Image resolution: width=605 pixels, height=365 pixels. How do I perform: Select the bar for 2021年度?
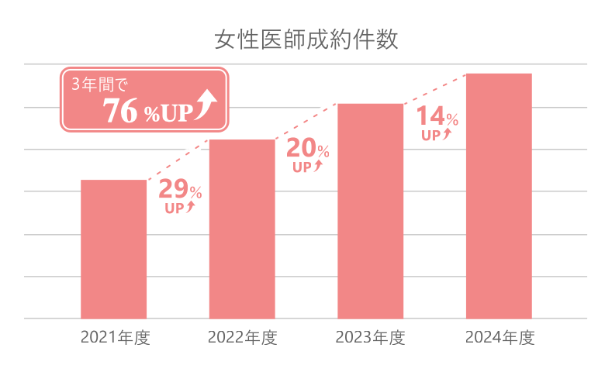point(113,250)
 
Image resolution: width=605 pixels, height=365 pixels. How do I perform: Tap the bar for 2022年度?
point(242,229)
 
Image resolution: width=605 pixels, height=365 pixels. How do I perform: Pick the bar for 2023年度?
point(371,211)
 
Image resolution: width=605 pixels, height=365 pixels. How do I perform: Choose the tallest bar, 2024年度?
point(499,196)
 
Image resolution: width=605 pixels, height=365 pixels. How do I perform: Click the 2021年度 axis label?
point(114,338)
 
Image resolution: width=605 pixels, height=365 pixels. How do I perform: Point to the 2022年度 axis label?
point(242,338)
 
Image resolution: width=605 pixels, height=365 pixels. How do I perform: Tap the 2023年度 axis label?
point(370,338)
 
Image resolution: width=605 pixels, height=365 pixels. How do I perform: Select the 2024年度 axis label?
point(500,338)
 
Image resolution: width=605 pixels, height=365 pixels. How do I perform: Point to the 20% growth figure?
point(308,147)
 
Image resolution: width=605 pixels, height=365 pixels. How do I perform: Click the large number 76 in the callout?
point(121,112)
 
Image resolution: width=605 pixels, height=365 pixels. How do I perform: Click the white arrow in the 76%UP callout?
point(206,106)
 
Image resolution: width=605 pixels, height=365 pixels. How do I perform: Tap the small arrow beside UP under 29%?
point(192,207)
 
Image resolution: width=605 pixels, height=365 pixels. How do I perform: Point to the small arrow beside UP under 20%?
point(319,165)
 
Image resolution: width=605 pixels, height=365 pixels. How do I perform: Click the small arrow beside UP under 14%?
point(447,135)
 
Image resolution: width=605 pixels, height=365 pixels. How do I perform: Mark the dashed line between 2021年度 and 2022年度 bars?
point(178,160)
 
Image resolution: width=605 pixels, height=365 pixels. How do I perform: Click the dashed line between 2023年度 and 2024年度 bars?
point(434,88)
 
